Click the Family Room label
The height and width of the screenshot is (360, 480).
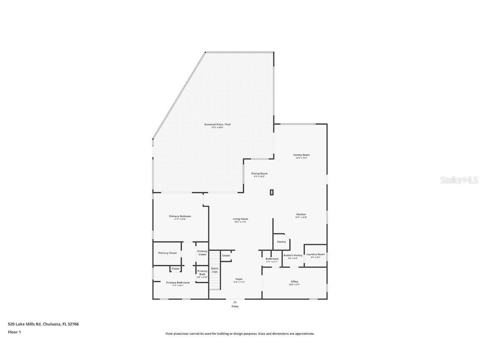coord(301,155)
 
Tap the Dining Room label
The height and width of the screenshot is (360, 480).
coord(259,174)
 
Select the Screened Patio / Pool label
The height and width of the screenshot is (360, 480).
coord(217,125)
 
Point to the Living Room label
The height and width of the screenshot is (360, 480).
coord(240,219)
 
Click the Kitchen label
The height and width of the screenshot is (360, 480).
coord(301,215)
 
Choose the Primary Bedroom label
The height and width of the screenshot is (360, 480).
coord(180,217)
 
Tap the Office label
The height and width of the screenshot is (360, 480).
coord(294,282)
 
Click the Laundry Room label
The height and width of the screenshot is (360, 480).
coord(315,254)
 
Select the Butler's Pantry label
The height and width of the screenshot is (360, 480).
coord(293,256)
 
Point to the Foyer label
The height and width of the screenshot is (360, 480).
coord(239,279)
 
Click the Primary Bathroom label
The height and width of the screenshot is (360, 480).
coord(178,283)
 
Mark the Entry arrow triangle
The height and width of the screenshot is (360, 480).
coord(235,302)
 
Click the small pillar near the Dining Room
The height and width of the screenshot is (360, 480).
coord(272,192)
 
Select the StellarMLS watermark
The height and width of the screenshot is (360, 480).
coord(459,180)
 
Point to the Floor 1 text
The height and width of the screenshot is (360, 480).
coord(14,332)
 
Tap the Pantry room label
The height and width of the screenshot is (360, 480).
coord(281,242)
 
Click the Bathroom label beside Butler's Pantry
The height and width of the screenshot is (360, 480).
coord(272,259)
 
